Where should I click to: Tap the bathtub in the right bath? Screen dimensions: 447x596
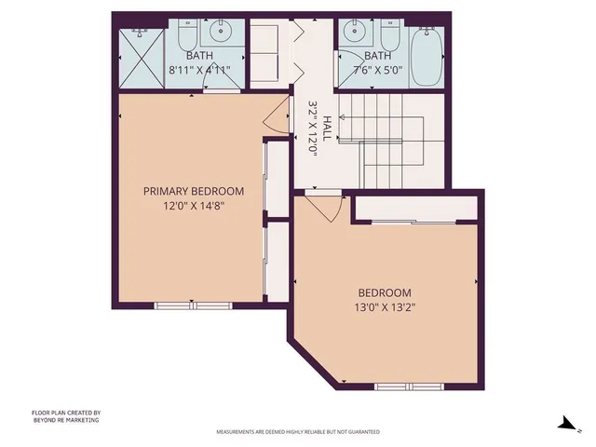428,56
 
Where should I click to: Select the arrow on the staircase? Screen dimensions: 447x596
343,118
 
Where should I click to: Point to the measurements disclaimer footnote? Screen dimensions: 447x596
297,432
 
